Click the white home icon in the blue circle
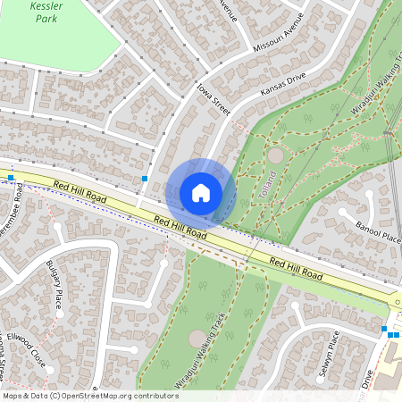(200, 192)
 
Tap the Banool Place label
(378, 235)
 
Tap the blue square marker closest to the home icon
(144, 179)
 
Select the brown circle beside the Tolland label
(274, 155)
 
